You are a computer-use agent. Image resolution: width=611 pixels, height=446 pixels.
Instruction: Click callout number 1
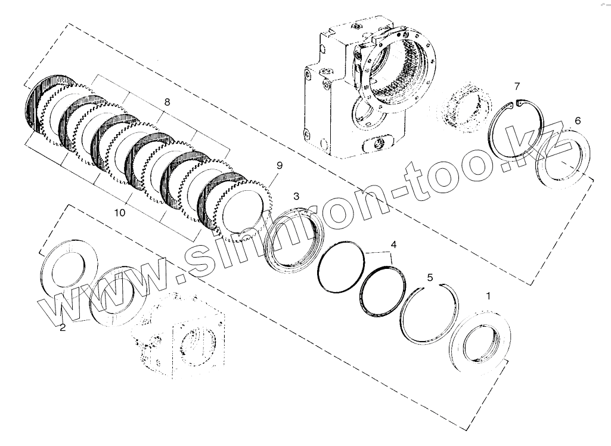click(488, 296)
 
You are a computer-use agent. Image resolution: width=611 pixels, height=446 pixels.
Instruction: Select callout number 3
click(296, 197)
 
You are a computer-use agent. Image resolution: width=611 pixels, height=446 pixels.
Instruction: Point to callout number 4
click(393, 245)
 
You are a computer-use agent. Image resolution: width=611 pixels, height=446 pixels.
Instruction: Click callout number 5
click(430, 278)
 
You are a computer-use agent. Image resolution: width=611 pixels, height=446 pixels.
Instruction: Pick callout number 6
click(578, 121)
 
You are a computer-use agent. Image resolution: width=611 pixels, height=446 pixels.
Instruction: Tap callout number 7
click(517, 86)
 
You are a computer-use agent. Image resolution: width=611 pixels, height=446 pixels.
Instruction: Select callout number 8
click(167, 102)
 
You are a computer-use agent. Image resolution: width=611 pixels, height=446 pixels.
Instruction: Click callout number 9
click(279, 165)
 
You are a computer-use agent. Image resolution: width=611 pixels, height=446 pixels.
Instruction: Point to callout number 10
click(120, 213)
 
